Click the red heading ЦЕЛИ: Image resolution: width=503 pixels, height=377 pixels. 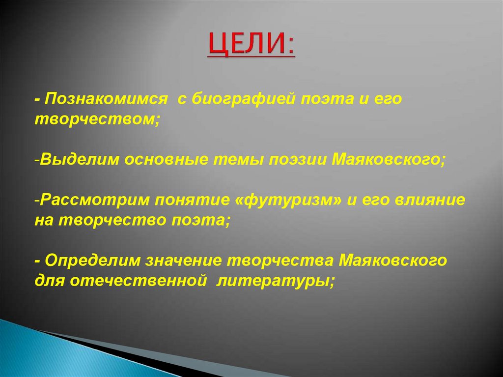pyautogui.click(x=251, y=45)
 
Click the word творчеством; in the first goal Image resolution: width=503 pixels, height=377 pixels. pyautogui.click(x=97, y=121)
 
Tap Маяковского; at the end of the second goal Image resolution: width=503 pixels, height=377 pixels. pyautogui.click(x=389, y=160)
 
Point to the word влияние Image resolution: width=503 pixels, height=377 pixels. pyautogui.click(x=427, y=200)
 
